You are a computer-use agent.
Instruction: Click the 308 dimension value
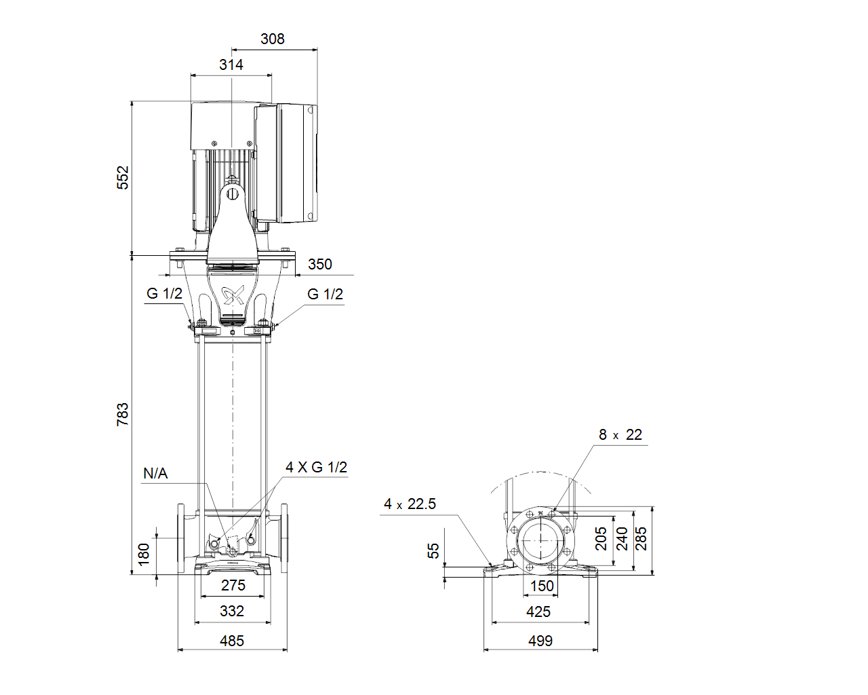click(x=272, y=39)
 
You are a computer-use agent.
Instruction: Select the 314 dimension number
click(x=231, y=64)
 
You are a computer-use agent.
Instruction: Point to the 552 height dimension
click(x=123, y=178)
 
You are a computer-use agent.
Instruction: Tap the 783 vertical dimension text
click(x=123, y=414)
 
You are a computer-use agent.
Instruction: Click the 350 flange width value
click(x=320, y=264)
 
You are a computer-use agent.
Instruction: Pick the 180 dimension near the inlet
click(x=144, y=555)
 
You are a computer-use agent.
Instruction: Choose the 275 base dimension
click(x=233, y=585)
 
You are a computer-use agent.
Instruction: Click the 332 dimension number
click(x=232, y=611)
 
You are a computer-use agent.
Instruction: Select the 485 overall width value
click(x=232, y=641)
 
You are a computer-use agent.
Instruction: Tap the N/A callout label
click(x=155, y=473)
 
